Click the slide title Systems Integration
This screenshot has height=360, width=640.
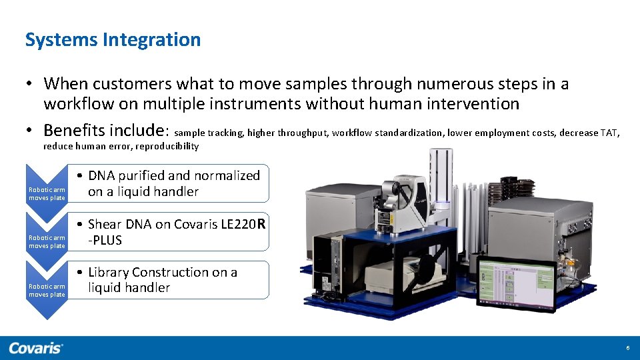[113, 40]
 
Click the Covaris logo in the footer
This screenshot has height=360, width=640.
[36, 348]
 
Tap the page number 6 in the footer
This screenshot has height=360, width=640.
[627, 348]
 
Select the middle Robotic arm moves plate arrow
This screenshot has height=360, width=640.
[47, 238]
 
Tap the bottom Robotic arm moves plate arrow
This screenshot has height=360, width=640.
[47, 287]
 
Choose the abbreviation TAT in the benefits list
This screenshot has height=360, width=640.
[609, 133]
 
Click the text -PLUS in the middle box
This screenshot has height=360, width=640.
[105, 241]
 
